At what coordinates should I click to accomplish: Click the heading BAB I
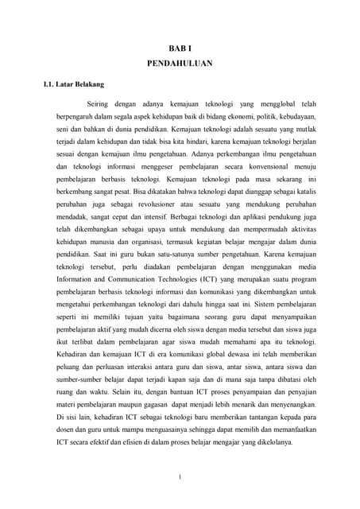[180, 49]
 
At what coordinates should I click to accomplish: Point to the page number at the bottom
[180, 477]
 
